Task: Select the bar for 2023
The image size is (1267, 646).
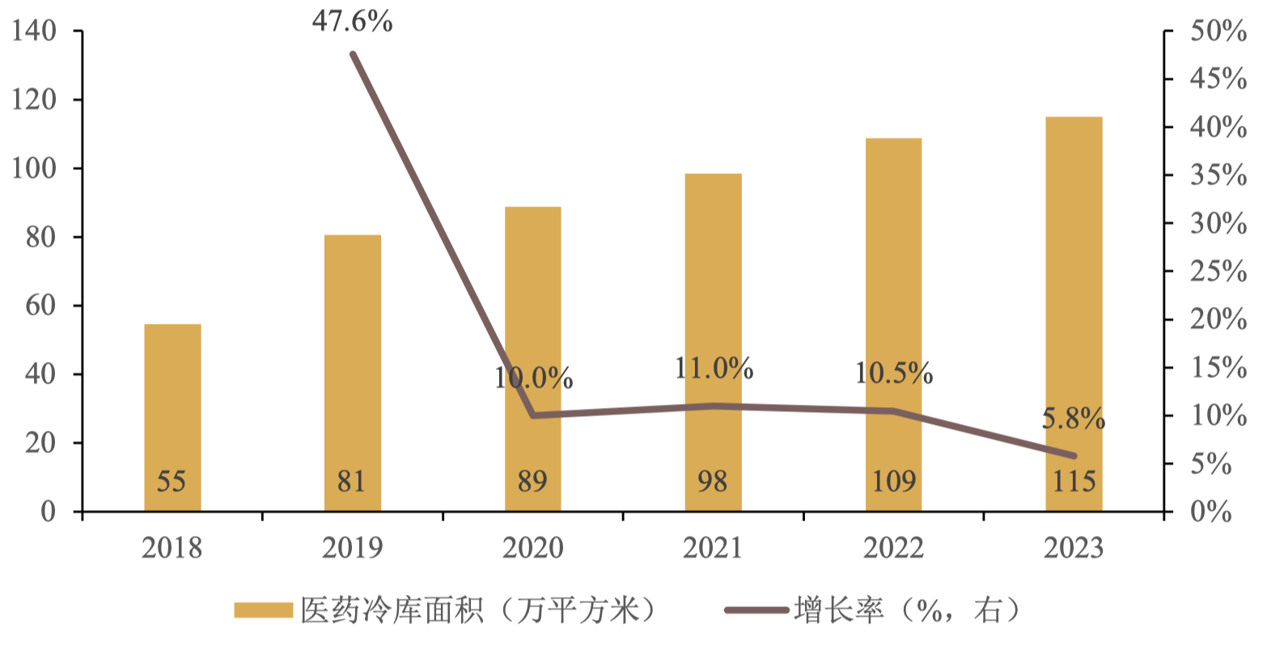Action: point(1074,314)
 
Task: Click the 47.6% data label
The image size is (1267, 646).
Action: point(353,22)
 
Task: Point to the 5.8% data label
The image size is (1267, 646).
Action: point(1073,419)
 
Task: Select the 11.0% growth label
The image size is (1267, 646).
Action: point(714,369)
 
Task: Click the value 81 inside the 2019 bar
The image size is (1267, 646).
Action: point(352,482)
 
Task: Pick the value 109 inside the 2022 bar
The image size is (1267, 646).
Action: point(893,482)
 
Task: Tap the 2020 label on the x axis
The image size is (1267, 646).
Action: point(532,549)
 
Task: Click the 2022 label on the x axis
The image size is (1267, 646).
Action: point(893,549)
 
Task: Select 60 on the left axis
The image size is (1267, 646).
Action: point(40,306)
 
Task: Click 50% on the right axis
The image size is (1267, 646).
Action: point(1218,32)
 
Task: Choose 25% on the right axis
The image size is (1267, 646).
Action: point(1218,272)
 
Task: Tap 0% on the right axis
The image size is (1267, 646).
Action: point(1211,512)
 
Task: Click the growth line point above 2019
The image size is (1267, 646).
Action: point(353,55)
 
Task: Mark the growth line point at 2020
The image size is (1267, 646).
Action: point(533,415)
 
